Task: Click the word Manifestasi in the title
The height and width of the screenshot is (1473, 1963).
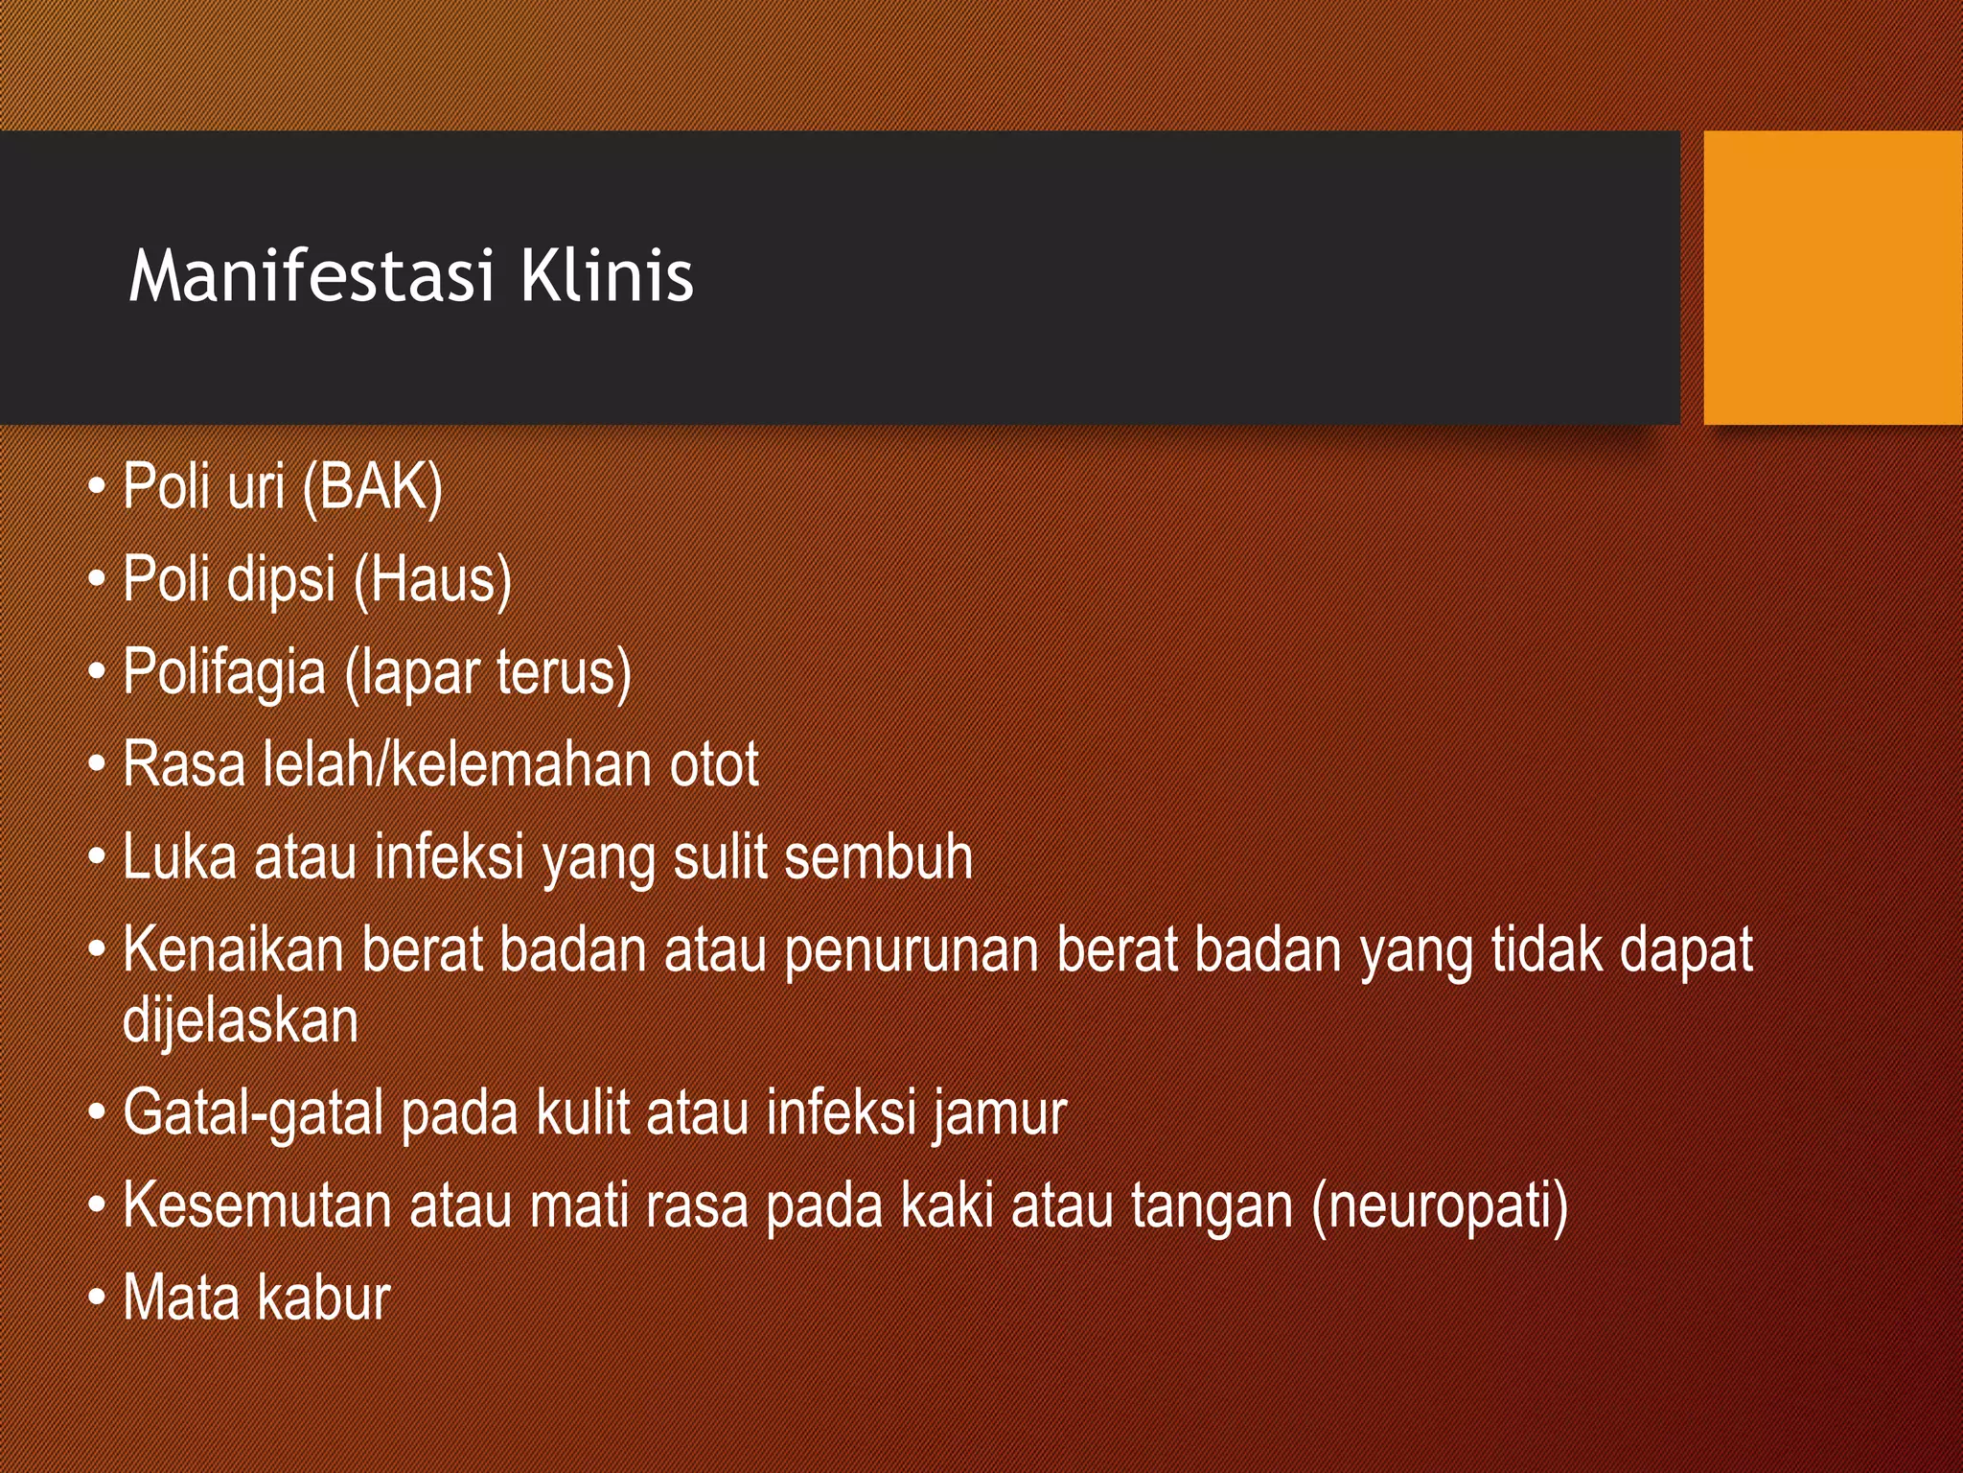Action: click(312, 277)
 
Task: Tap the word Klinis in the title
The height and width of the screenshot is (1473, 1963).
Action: click(607, 277)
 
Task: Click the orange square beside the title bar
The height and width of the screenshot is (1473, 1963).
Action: click(1832, 277)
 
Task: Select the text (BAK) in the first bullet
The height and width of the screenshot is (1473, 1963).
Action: click(372, 487)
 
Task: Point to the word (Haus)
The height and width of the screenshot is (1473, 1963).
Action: click(432, 580)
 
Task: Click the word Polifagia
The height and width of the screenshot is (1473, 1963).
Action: click(224, 672)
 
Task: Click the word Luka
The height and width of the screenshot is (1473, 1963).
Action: click(179, 857)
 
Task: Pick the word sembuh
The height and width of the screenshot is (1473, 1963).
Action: click(878, 857)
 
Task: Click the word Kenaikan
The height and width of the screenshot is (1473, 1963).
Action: click(233, 950)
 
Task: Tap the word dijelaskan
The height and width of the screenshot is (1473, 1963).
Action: click(241, 1020)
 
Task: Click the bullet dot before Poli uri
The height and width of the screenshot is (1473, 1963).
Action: click(96, 487)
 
